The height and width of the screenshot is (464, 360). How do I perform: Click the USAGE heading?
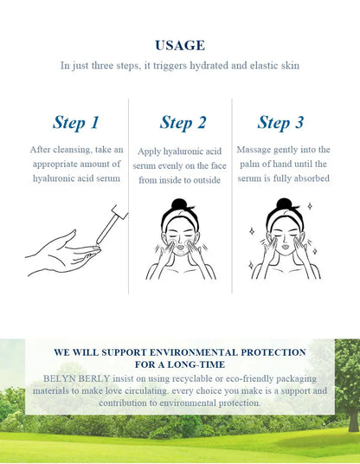180,45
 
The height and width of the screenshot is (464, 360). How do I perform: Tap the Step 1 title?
76,123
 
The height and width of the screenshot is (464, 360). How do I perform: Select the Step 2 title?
183,123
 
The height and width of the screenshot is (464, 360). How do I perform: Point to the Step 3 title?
280,123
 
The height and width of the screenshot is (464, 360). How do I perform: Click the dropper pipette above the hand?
112,223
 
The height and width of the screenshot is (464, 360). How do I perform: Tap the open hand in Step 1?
62,254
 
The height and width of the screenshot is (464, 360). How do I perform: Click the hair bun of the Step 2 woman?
179,205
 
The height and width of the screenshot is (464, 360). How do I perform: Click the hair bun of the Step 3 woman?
284,204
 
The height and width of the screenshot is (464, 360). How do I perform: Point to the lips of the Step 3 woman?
286,246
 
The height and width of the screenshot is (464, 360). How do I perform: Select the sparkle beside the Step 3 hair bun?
310,206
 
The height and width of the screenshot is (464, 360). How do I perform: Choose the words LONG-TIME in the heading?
196,364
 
